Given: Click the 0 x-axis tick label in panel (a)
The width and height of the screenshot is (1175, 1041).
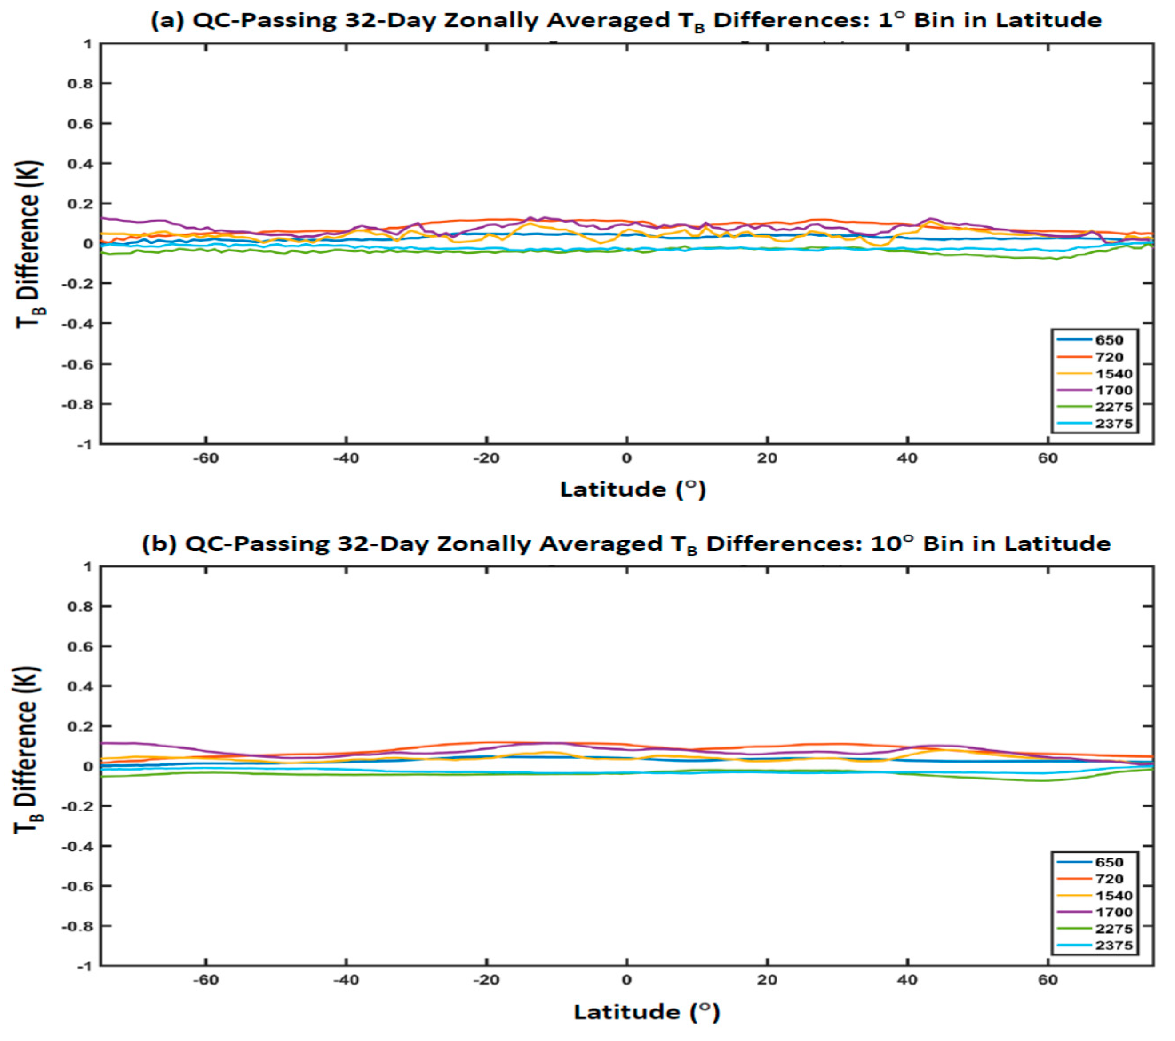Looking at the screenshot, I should (x=626, y=459).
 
